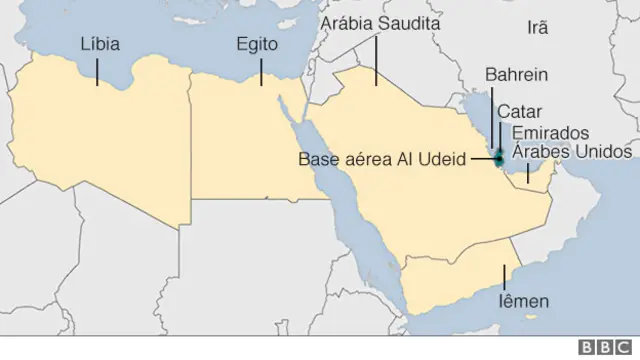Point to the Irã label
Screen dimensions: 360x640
537,29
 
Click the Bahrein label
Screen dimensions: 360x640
515,75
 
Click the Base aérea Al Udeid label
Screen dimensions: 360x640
382,157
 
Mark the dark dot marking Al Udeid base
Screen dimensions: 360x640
497,157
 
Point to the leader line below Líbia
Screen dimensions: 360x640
97,70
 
